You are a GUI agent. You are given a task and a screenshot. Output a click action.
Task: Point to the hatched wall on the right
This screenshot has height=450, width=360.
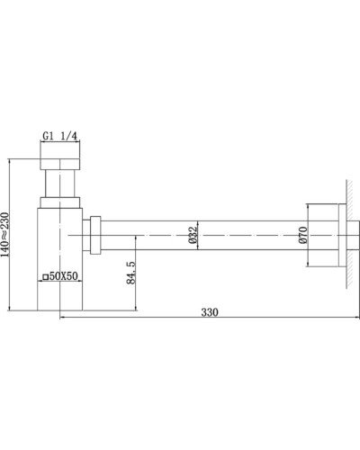(x=346, y=234)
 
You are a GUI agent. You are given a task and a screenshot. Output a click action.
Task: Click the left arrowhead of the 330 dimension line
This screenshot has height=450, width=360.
(x=63, y=318)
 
